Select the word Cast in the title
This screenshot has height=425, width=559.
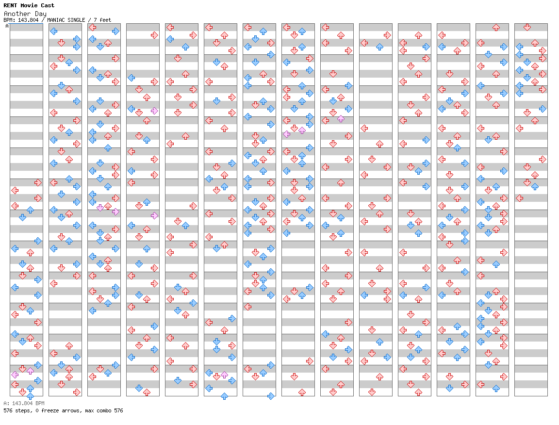(x=48, y=5)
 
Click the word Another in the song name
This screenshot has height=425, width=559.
(x=17, y=14)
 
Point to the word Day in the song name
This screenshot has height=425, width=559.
(x=41, y=14)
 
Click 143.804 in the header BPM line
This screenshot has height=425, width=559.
(x=28, y=20)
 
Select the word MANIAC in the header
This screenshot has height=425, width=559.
(x=56, y=20)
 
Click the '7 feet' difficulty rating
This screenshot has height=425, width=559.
(x=102, y=20)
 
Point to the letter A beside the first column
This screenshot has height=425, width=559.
(x=7, y=26)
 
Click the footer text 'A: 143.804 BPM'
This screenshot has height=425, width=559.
(x=24, y=403)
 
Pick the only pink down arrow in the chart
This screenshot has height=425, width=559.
(x=100, y=208)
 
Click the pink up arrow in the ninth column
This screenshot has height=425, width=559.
(x=341, y=118)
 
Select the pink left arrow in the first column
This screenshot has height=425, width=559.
(x=15, y=375)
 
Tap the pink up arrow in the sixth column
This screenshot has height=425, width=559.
(x=224, y=375)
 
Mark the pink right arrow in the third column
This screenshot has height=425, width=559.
(x=115, y=212)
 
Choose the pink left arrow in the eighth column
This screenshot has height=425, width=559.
(x=287, y=134)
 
